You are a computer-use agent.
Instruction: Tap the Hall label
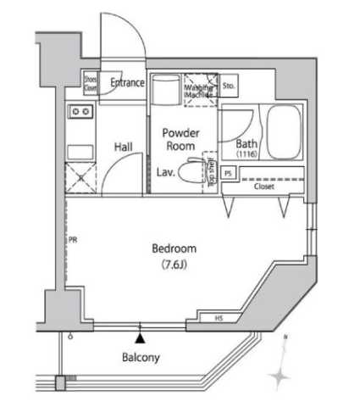click(124, 147)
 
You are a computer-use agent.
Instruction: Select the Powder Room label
click(180, 140)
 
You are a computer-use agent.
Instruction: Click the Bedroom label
click(174, 248)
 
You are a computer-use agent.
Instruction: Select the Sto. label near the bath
click(230, 86)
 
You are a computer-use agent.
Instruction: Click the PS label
click(228, 174)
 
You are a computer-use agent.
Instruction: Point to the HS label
click(219, 319)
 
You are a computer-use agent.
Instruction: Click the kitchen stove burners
click(80, 112)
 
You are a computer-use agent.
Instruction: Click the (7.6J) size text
click(174, 265)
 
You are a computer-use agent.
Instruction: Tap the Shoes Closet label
click(90, 83)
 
